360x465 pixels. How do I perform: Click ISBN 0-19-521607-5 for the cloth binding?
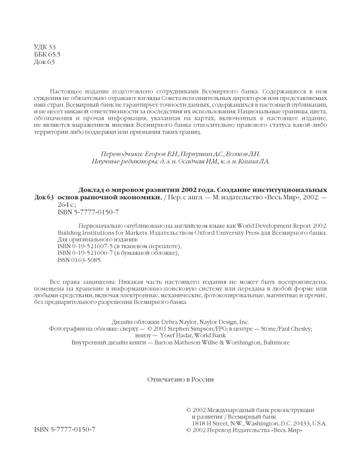(85, 246)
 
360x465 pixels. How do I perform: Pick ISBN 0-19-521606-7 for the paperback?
(85, 253)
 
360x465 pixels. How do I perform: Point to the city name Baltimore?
(273, 343)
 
